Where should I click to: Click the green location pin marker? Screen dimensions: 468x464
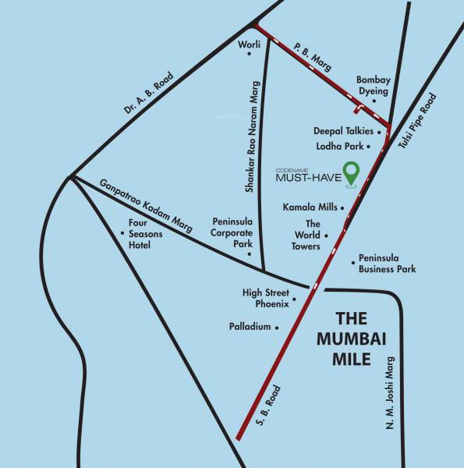coord(352,172)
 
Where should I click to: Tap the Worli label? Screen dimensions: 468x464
coord(248,44)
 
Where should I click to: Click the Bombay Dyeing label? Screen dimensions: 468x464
coord(372,85)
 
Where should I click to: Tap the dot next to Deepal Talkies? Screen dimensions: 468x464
coord(379,132)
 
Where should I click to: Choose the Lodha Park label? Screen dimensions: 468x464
coord(338,146)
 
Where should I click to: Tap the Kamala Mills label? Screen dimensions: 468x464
coord(310,207)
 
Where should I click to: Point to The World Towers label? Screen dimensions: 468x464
coord(306,235)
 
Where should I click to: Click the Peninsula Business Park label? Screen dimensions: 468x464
coord(387,264)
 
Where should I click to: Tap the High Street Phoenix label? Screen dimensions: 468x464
coord(265,298)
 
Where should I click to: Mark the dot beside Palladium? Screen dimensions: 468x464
coord(277,328)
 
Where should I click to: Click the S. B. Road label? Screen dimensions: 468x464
coord(268,406)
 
